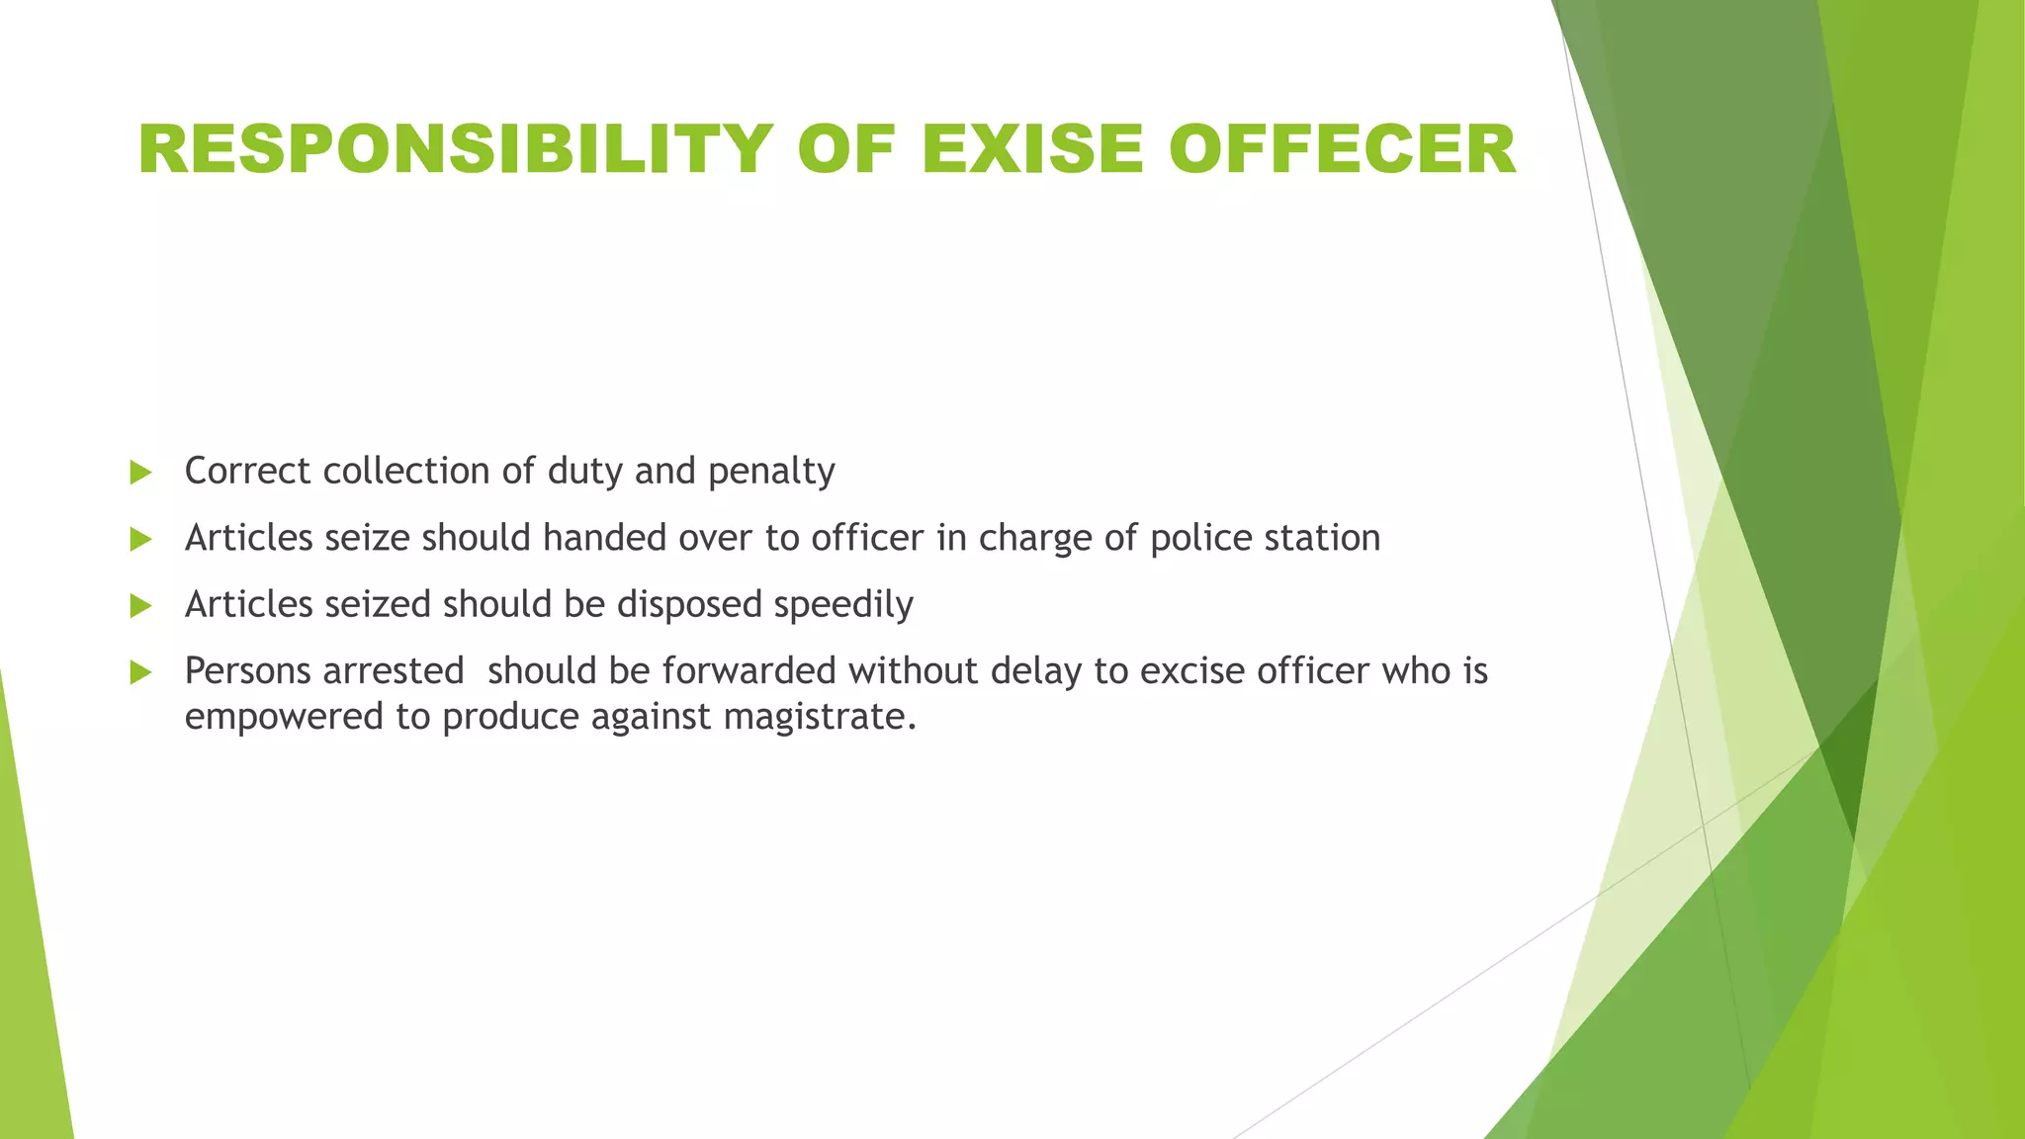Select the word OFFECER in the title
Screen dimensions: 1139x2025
pyautogui.click(x=1342, y=150)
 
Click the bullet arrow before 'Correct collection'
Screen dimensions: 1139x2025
pyautogui.click(x=140, y=473)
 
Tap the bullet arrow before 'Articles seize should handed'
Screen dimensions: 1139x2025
pyautogui.click(x=140, y=540)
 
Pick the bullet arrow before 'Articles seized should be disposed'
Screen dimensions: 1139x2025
pyautogui.click(x=140, y=606)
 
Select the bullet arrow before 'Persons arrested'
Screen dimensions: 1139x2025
pyautogui.click(x=140, y=673)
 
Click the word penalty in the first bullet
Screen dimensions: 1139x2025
pyautogui.click(x=771, y=472)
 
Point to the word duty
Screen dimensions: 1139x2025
pyautogui.click(x=585, y=472)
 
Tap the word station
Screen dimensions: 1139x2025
pyautogui.click(x=1322, y=538)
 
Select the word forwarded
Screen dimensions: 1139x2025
pyautogui.click(x=749, y=671)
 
